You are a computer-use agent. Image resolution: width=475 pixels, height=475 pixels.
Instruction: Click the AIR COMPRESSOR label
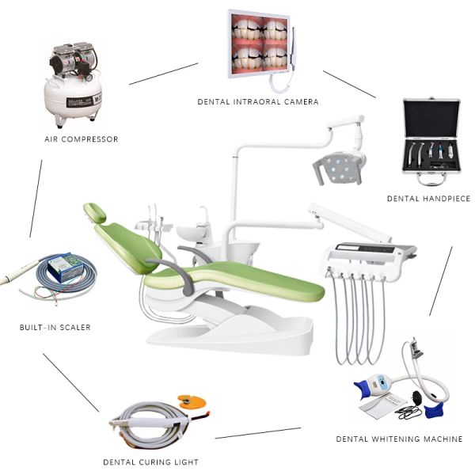82,139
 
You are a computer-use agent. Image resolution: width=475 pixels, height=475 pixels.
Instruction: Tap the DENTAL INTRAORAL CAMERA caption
258,102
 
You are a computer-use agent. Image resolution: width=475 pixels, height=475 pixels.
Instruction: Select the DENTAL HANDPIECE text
428,199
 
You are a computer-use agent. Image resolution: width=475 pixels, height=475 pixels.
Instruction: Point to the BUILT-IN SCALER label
55,327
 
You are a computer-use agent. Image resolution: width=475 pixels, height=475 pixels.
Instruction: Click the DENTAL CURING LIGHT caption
151,462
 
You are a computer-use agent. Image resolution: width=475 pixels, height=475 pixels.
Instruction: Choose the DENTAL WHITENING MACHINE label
399,439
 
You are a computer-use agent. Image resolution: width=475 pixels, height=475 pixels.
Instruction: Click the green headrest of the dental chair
95,212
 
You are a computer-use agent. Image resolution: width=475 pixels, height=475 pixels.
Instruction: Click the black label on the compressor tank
84,101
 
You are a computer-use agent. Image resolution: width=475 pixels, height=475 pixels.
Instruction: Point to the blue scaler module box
66,268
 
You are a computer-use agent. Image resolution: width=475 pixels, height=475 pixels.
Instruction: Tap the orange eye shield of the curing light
192,401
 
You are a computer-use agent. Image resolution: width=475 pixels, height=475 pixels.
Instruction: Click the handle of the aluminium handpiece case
431,180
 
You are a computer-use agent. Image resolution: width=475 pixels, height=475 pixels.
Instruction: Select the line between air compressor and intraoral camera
164,74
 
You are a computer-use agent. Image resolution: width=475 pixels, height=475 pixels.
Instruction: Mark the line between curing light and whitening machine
258,433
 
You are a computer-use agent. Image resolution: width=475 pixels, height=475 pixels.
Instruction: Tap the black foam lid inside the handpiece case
431,119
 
